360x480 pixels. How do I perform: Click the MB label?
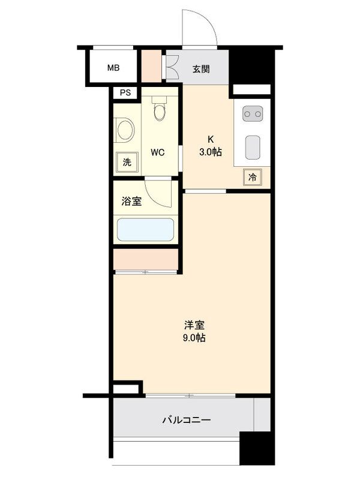pos(113,68)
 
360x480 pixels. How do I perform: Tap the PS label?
pos(125,92)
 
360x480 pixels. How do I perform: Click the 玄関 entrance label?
pos(201,68)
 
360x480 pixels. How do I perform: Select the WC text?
pos(157,152)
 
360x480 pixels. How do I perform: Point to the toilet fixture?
pos(159,109)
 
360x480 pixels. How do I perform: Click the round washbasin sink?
pos(124,130)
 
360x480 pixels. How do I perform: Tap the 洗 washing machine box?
pos(126,161)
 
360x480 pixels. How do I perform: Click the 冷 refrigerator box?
pos(253,177)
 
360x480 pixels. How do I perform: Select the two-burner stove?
pos(252,113)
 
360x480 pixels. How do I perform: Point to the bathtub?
pos(146,230)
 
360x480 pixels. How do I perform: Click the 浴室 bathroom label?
pos(131,202)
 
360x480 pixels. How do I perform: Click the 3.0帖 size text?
pos(211,152)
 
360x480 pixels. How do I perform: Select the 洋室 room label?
pos(194,326)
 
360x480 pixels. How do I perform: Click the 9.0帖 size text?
pos(194,338)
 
